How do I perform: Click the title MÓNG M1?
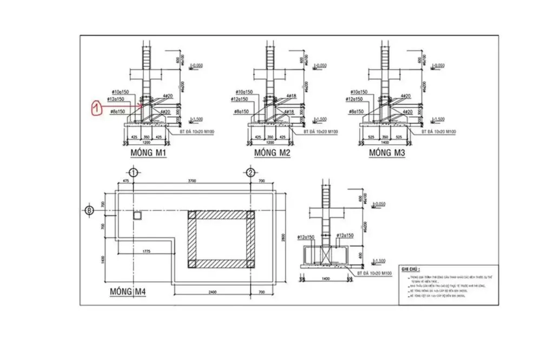pyautogui.click(x=148, y=154)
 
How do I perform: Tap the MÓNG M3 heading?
pyautogui.click(x=387, y=154)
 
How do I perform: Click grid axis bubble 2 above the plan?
pyautogui.click(x=250, y=172)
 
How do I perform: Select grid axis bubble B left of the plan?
pyautogui.click(x=90, y=210)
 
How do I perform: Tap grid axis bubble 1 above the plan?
pyautogui.click(x=134, y=172)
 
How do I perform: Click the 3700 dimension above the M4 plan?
pyautogui.click(x=192, y=181)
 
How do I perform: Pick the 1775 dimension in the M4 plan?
pyautogui.click(x=143, y=251)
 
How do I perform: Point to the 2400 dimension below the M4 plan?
pyautogui.click(x=212, y=292)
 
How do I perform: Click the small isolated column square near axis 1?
pyautogui.click(x=137, y=215)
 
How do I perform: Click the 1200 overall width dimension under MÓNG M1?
pyautogui.click(x=147, y=143)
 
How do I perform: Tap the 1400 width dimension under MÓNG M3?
pyautogui.click(x=385, y=143)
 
